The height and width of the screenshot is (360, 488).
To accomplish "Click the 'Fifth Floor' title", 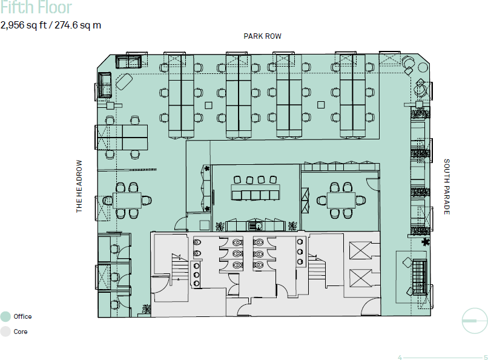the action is coord(36,7).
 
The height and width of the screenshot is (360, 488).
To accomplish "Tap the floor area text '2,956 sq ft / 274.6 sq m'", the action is coord(51,25).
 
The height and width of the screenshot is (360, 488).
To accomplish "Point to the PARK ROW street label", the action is coord(262,36).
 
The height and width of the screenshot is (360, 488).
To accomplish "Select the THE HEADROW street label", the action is coord(79,186).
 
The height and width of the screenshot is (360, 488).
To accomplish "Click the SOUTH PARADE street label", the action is coord(447,187).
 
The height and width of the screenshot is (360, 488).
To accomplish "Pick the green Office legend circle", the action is coord(5,316).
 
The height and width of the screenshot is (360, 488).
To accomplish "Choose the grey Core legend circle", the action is coord(5,332).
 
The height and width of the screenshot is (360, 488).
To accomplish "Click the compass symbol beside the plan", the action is coord(474,321).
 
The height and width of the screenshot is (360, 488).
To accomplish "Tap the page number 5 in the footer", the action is coord(486,357).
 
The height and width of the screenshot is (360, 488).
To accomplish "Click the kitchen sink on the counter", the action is coord(256,226).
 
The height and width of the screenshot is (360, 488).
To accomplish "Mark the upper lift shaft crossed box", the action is coord(360,250).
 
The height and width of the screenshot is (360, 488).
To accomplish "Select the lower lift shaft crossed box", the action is coord(360,278).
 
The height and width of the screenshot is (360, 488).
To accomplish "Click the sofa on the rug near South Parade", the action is coord(420,277).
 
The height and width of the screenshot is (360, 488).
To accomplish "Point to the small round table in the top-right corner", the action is coord(423,67).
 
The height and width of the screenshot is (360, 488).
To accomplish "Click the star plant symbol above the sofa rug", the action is coord(425,242).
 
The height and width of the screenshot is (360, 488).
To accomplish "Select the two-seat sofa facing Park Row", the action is coord(128,62).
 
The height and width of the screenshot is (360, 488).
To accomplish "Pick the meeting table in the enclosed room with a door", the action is coord(341,200).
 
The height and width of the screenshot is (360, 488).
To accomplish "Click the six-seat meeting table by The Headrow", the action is coord(127,200).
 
